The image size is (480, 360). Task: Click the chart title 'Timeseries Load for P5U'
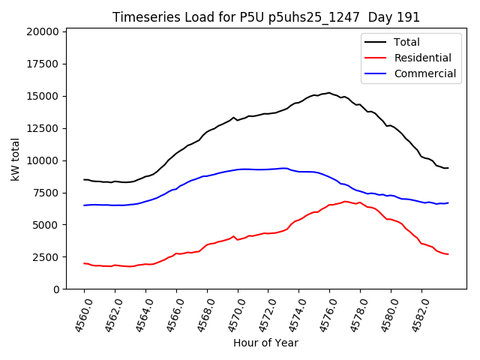click(x=265, y=17)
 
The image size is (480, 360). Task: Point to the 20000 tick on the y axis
click(x=43, y=31)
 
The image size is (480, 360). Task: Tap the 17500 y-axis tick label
click(x=43, y=64)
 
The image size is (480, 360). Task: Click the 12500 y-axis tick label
click(x=43, y=128)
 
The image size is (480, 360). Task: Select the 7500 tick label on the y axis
click(x=46, y=193)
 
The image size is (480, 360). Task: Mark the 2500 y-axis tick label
click(x=46, y=257)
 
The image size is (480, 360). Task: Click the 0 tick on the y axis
click(x=56, y=289)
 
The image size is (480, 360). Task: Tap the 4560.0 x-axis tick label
click(x=78, y=314)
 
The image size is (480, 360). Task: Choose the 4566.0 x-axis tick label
click(x=170, y=314)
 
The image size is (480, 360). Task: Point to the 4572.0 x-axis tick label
click(x=262, y=314)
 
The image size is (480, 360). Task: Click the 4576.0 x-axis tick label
click(x=324, y=314)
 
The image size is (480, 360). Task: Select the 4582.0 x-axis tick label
click(x=415, y=314)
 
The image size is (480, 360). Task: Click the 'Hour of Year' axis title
click(x=265, y=343)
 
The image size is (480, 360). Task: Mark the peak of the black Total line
click(x=329, y=93)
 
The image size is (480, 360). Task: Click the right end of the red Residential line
click(x=448, y=254)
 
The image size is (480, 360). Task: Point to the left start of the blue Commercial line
click(x=84, y=205)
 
